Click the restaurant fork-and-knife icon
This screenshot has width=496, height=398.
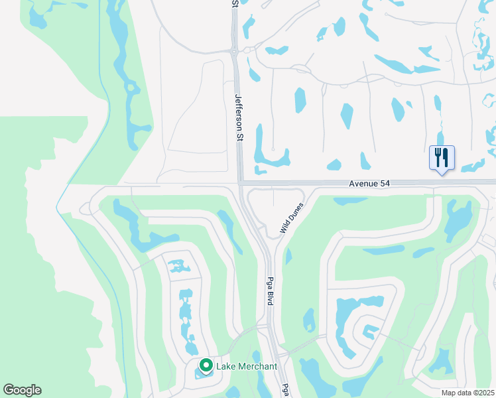(x=442, y=158)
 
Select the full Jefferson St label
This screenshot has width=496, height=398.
(x=239, y=117)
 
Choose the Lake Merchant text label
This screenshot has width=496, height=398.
(x=246, y=366)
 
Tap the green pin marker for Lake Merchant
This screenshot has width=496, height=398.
(x=206, y=365)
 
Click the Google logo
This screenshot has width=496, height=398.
(x=22, y=390)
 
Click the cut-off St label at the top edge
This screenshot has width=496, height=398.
(x=235, y=3)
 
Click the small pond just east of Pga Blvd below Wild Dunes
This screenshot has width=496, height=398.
(x=289, y=256)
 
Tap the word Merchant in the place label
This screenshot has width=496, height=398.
(x=257, y=366)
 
